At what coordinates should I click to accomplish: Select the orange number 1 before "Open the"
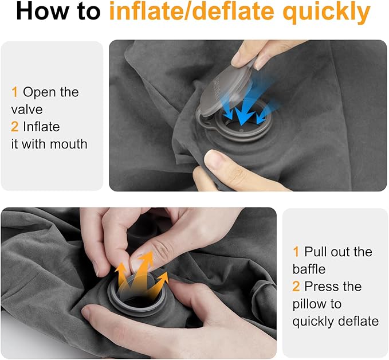[x=14, y=92]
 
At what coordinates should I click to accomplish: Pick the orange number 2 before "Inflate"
[x=15, y=126]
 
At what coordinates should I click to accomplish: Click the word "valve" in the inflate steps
[x=27, y=109]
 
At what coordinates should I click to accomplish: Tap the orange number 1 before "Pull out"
[x=296, y=252]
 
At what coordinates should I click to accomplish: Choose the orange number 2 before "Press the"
[x=296, y=286]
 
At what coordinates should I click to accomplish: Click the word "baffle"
[x=309, y=269]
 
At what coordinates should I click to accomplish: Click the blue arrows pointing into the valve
[x=243, y=109]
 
